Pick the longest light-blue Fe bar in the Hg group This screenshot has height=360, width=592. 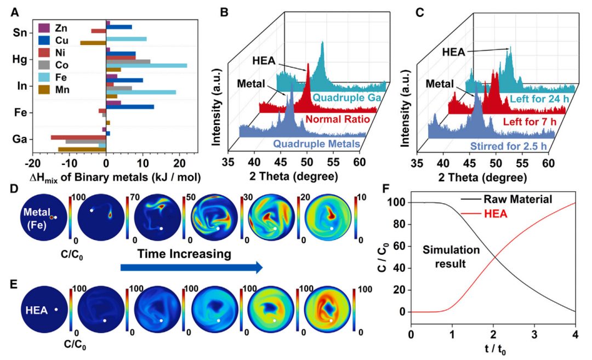tap(147, 66)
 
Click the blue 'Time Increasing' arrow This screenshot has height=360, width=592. tap(191, 267)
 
